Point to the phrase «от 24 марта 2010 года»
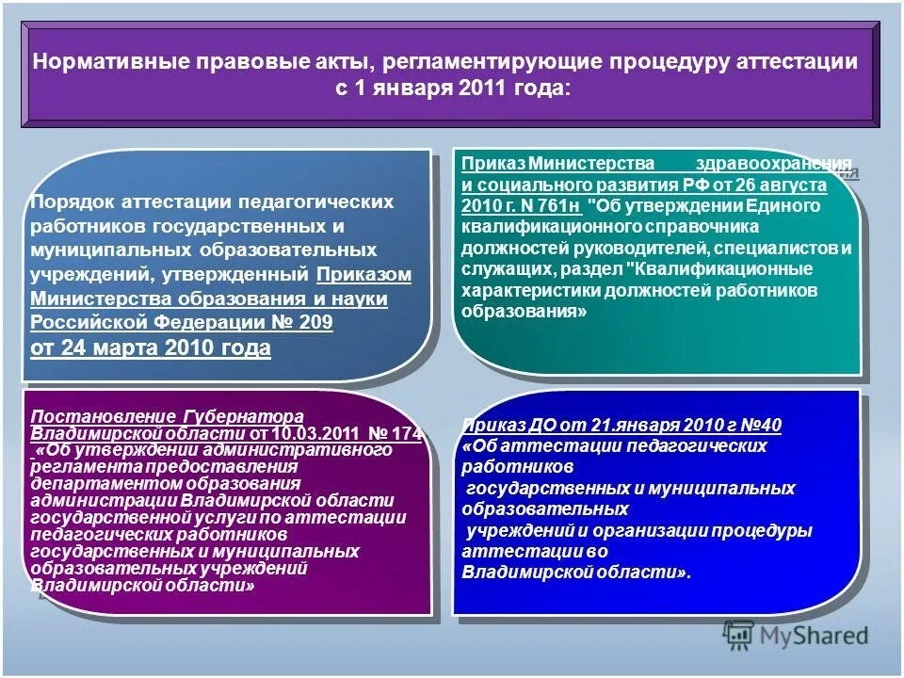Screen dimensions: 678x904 click(151, 348)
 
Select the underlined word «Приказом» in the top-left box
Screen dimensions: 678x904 click(364, 274)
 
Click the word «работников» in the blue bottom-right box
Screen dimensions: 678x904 click(518, 466)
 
